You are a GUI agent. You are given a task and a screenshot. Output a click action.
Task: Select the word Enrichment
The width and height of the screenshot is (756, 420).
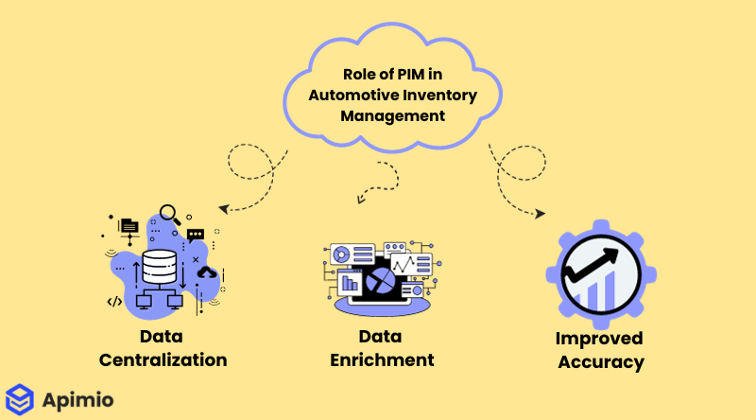[383, 359]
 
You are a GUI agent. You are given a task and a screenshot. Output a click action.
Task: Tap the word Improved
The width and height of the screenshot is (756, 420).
[599, 339]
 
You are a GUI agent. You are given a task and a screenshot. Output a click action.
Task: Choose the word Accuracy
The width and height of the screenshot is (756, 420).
[600, 361]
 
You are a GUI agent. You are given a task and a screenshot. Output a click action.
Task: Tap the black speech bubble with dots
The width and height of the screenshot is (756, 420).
[196, 235]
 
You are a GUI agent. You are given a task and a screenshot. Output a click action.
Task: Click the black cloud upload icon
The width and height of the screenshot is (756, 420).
[207, 272]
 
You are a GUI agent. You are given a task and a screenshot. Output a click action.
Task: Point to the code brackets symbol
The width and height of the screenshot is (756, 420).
[114, 302]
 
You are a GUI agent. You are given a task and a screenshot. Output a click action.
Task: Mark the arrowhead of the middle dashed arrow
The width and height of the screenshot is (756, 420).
[359, 199]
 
